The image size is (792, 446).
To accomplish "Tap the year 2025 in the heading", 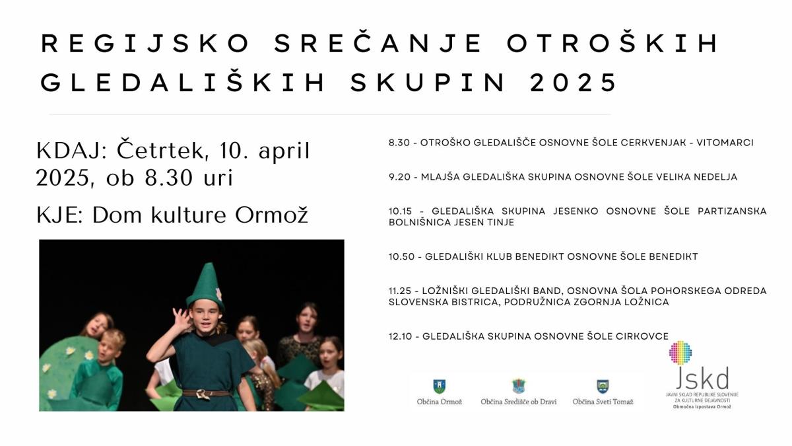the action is pyautogui.click(x=574, y=83).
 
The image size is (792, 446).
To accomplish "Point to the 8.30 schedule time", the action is pyautogui.click(x=399, y=143).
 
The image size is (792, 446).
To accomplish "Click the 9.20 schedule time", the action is pyautogui.click(x=399, y=176).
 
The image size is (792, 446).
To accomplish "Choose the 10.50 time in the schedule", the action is pyautogui.click(x=402, y=256).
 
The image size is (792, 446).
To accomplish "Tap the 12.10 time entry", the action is pyautogui.click(x=400, y=336).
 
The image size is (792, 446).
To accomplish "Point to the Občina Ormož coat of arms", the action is pyautogui.click(x=439, y=386).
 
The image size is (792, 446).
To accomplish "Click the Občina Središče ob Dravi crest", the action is pyautogui.click(x=519, y=386).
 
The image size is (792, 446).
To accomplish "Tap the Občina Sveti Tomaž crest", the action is pyautogui.click(x=603, y=386).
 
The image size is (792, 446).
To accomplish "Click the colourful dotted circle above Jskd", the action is pyautogui.click(x=680, y=353).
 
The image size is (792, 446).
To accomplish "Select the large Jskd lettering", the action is pyautogui.click(x=702, y=377).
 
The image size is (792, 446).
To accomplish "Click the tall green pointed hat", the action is pyautogui.click(x=206, y=286).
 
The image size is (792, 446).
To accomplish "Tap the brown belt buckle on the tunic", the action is pyautogui.click(x=202, y=394).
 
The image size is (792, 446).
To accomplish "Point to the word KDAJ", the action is pyautogui.click(x=71, y=151).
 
